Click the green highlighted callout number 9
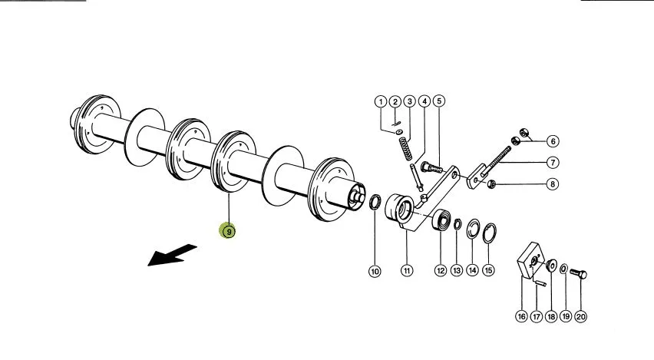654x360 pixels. (x=229, y=231)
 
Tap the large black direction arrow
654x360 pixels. (x=172, y=255)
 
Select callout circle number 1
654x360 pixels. (x=381, y=102)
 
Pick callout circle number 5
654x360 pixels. (x=439, y=101)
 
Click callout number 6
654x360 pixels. (x=553, y=141)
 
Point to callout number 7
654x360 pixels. (x=553, y=162)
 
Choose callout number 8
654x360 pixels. (x=553, y=184)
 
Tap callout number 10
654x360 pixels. (x=375, y=272)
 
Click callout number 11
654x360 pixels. (x=407, y=271)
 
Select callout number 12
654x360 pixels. (x=441, y=271)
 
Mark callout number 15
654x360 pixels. (x=488, y=270)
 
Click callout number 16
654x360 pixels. (x=522, y=316)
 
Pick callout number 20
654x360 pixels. (x=580, y=316)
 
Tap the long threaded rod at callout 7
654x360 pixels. (x=496, y=161)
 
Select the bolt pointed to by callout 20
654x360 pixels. (x=579, y=274)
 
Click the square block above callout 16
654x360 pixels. (x=530, y=260)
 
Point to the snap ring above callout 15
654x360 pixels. (x=489, y=233)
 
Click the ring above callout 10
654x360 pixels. (x=375, y=203)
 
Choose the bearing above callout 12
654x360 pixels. (x=441, y=220)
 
